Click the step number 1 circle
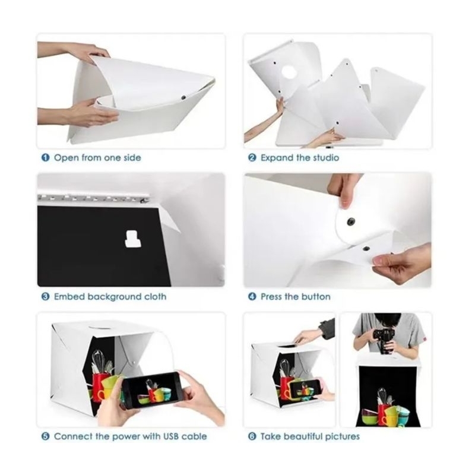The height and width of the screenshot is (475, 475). (45, 157)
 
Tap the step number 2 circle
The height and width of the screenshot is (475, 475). (252, 157)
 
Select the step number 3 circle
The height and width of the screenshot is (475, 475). (45, 296)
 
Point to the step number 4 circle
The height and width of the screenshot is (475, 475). (252, 296)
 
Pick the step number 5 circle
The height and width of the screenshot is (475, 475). (45, 436)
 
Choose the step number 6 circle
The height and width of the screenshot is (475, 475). (252, 436)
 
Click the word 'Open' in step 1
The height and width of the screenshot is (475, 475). (66, 158)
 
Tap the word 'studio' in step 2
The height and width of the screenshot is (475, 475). (326, 157)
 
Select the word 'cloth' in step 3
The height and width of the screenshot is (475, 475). (155, 296)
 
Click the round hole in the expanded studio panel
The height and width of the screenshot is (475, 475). (289, 72)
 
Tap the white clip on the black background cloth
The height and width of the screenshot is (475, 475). (132, 239)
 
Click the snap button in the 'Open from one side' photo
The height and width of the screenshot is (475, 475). (183, 97)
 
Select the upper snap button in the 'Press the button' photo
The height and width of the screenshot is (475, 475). (351, 220)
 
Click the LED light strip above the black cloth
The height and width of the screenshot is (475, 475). (93, 198)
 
